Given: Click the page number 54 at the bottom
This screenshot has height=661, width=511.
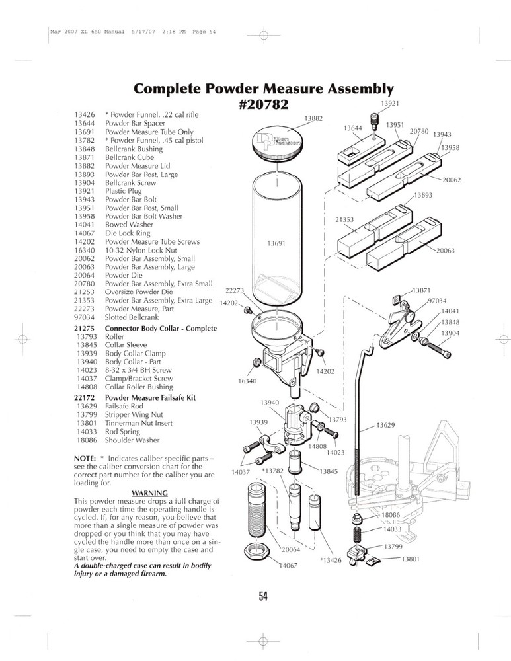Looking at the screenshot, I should coord(262,596).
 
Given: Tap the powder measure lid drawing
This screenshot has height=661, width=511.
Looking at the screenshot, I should coord(277,144).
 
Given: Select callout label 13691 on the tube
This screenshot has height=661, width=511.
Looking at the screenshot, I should coord(276,243).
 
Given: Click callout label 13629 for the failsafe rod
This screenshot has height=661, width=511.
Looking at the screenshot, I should coord(385,425).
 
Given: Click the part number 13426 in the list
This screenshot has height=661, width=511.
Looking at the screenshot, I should coord(85,114).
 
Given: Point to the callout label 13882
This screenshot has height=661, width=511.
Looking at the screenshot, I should coord(313,118).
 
